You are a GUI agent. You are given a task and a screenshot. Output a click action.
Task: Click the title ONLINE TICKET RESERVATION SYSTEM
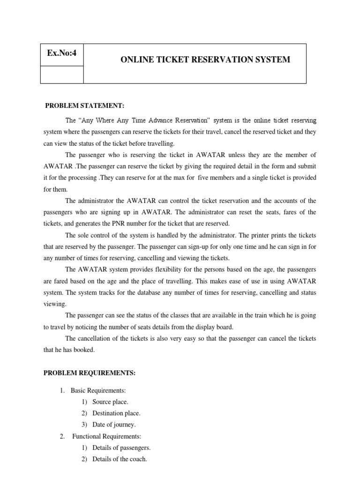(x=205, y=60)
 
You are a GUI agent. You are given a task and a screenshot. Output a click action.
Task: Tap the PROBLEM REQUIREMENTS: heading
(x=90, y=373)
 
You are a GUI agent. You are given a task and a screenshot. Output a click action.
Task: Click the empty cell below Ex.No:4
(x=62, y=75)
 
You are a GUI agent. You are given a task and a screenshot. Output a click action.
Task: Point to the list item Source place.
(x=110, y=402)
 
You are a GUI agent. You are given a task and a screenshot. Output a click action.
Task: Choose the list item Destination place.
(x=116, y=413)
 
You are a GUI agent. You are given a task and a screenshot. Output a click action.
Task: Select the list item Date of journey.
(x=114, y=425)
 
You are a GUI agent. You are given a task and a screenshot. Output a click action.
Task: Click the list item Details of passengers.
(x=121, y=448)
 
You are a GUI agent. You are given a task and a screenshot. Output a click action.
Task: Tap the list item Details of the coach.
(x=120, y=459)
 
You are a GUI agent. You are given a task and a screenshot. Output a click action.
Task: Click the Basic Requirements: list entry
(x=98, y=390)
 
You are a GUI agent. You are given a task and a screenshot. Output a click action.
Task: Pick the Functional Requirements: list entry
(x=106, y=436)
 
